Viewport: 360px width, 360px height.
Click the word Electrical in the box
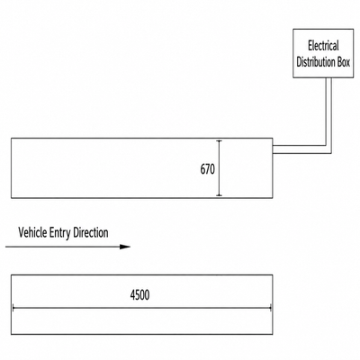click(x=323, y=46)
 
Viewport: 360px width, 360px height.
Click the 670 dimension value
click(x=208, y=169)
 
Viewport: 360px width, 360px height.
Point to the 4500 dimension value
click(x=139, y=295)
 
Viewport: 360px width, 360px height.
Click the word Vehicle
click(x=32, y=232)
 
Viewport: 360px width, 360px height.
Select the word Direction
click(x=91, y=232)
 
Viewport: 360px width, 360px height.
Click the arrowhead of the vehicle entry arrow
click(x=125, y=247)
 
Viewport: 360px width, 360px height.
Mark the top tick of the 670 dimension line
click(x=220, y=140)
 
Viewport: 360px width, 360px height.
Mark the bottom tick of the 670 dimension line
click(x=220, y=195)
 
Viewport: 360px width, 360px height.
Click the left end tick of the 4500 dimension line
click(x=13, y=308)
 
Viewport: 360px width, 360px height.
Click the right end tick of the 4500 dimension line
click(x=271, y=308)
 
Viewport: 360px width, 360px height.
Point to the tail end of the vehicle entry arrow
click(x=6, y=247)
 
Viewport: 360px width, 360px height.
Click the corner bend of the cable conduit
click(x=328, y=149)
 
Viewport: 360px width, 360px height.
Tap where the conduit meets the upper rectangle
click(x=273, y=149)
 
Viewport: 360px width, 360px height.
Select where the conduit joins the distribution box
click(x=328, y=78)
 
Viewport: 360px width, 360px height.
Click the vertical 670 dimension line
click(x=220, y=168)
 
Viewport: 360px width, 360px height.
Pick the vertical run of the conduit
click(x=328, y=114)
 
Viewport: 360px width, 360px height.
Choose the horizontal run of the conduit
click(x=300, y=149)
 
